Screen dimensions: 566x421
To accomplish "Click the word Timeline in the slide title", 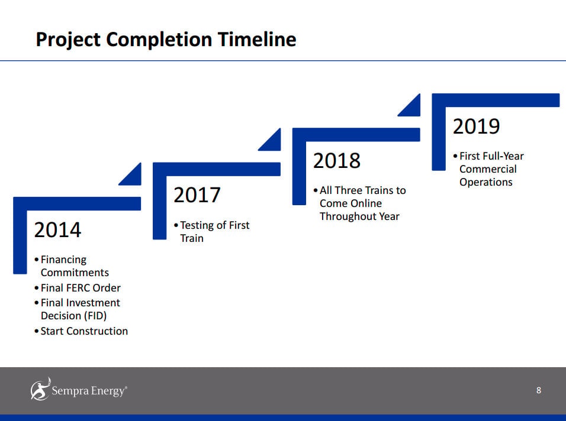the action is click(256, 39).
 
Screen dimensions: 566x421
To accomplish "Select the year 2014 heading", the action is click(57, 229).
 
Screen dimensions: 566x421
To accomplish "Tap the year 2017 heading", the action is click(197, 195).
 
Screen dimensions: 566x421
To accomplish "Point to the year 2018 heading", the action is click(336, 160).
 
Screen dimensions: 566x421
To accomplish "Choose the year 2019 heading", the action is click(476, 126).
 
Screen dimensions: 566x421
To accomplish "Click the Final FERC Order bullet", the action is click(77, 287).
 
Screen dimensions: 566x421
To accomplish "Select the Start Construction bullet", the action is click(81, 331).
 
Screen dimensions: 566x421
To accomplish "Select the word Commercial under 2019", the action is click(488, 169).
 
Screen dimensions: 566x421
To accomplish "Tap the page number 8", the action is click(539, 390).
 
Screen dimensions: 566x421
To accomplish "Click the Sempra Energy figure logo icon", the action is click(40, 389).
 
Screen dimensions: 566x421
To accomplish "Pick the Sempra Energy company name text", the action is click(89, 391).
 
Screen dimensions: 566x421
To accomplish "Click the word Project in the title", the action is click(68, 40).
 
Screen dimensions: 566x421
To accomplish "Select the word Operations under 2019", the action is click(486, 182).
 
